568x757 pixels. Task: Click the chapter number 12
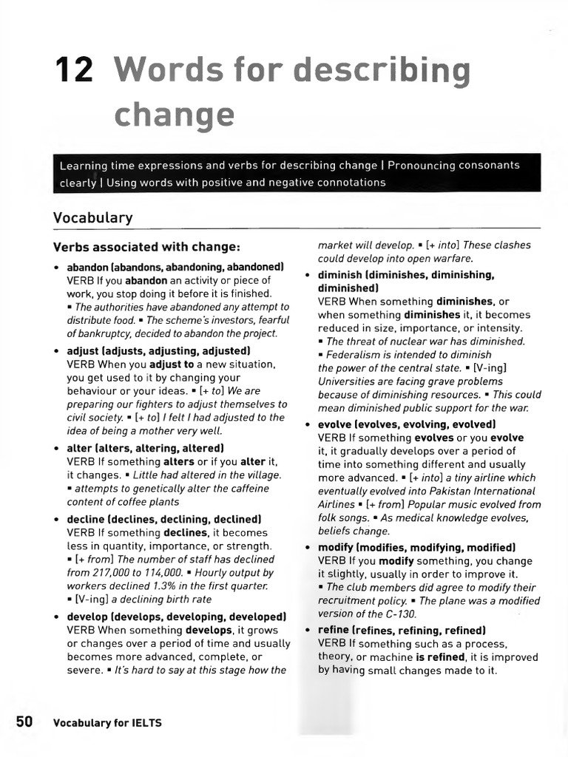(75, 70)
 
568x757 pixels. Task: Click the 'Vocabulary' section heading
(92, 217)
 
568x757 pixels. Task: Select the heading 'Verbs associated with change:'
(146, 246)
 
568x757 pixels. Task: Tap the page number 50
(24, 722)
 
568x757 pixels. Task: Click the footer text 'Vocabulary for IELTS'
(107, 723)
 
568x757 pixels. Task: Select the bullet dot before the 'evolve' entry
(308, 424)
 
